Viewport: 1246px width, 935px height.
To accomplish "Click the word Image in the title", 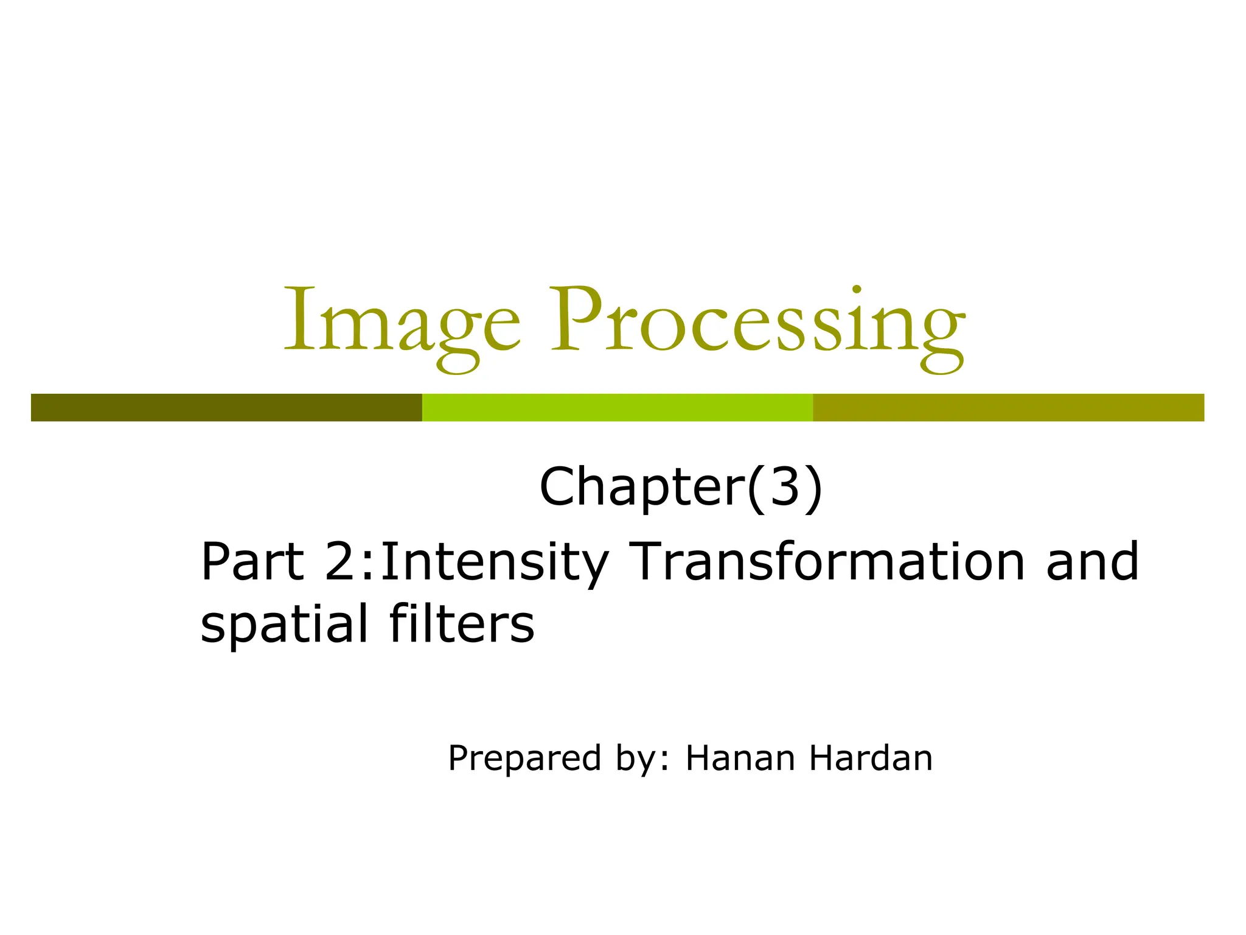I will (x=402, y=323).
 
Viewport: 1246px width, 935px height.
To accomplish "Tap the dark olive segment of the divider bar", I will (x=226, y=407).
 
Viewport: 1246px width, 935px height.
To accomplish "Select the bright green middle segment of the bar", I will (x=617, y=407).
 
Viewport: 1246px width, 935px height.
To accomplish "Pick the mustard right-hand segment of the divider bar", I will (x=1008, y=407).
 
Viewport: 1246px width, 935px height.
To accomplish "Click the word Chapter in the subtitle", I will (x=642, y=487).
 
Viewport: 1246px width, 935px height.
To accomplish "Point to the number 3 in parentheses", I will (x=784, y=487).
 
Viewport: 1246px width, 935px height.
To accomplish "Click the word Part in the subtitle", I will (x=252, y=561).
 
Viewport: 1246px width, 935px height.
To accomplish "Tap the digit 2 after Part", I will (x=343, y=561).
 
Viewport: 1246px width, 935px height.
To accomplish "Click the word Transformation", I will (x=827, y=561).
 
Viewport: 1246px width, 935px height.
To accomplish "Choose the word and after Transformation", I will (x=1092, y=561).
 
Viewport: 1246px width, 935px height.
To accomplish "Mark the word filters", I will (x=462, y=623).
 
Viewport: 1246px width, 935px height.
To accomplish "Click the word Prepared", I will (x=524, y=758).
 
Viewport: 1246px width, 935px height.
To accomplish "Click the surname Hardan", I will (x=871, y=758).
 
